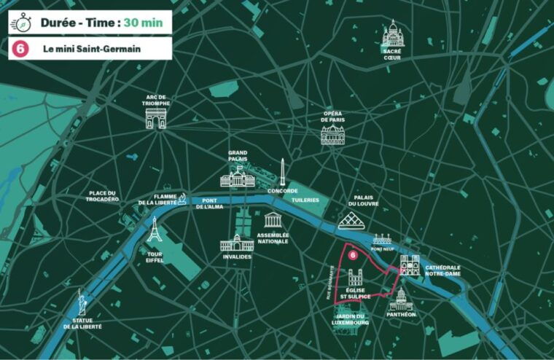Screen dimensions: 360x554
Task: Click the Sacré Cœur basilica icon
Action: point(393,34)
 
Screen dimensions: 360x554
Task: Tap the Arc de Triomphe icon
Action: point(156,118)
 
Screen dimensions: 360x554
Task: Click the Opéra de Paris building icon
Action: point(332,134)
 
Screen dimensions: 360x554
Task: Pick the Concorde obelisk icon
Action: point(281,172)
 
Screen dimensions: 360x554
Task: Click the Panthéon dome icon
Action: point(401,299)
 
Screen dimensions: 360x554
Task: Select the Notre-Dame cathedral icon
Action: point(410,265)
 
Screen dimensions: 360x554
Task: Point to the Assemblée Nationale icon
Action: point(273,221)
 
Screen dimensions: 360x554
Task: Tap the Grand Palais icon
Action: point(238,176)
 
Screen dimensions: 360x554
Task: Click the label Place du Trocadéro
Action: point(104,196)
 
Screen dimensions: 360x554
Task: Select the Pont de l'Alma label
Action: point(213,204)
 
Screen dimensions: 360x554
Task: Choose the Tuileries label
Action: point(305,198)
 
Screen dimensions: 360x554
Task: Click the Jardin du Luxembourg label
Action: point(347,318)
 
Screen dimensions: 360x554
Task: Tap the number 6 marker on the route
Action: point(353,256)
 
